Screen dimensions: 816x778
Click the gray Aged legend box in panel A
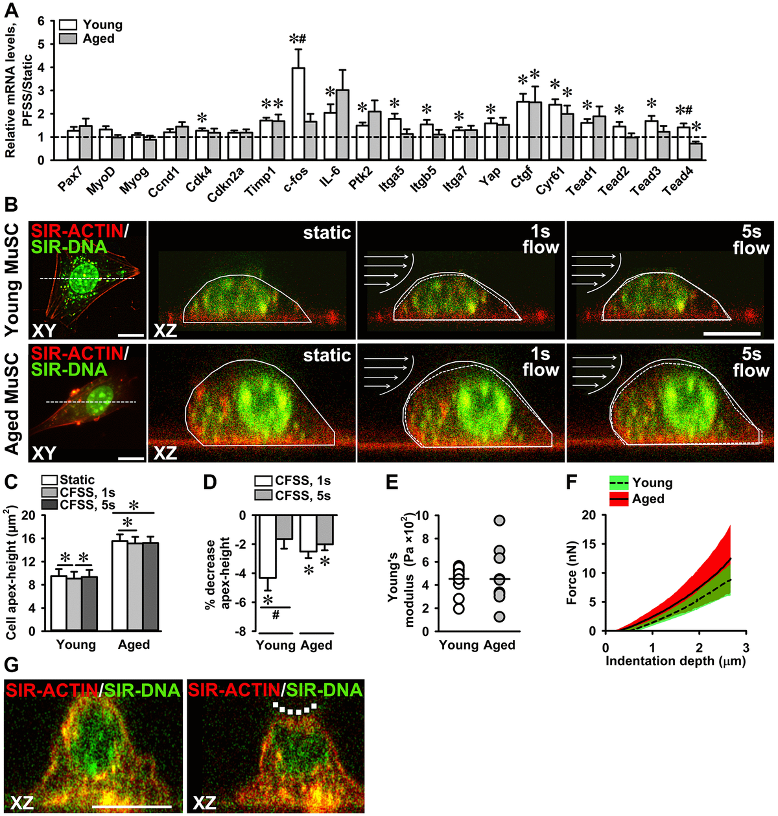click(69, 38)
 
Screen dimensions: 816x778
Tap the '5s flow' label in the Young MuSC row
click(750, 240)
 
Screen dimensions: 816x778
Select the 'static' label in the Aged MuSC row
click(327, 355)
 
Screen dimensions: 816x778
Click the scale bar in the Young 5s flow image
click(731, 334)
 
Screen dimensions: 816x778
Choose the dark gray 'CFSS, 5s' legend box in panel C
click(50, 504)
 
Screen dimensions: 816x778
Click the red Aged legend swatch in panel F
click(619, 499)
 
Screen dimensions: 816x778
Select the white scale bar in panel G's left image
click(132, 807)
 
